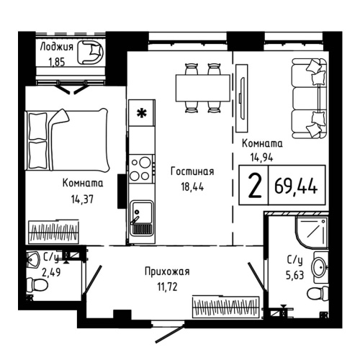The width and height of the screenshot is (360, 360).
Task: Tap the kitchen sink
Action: pyautogui.click(x=140, y=216)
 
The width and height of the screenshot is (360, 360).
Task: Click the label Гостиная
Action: pyautogui.click(x=192, y=171)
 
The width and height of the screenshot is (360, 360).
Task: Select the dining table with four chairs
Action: pyautogui.click(x=202, y=88)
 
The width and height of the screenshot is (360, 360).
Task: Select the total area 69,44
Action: pyautogui.click(x=296, y=187)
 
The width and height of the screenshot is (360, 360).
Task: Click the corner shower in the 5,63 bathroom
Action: pyautogui.click(x=310, y=233)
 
